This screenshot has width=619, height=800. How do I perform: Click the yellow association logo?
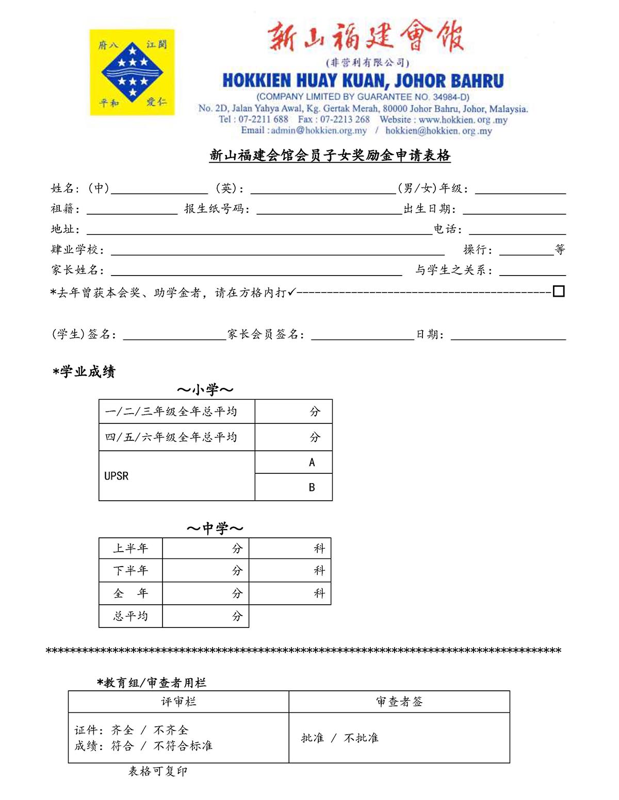point(132,72)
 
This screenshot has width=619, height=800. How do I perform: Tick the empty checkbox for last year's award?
point(558,292)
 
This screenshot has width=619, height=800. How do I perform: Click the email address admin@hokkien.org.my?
point(319,130)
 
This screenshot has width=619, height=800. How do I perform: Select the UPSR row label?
point(117,476)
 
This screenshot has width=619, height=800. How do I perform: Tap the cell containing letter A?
point(312,463)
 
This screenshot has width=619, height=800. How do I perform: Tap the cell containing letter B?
point(312,487)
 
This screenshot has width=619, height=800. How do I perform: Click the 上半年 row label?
point(131,549)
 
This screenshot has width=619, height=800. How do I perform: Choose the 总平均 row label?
point(131,616)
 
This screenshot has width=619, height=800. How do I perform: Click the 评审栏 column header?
point(178,702)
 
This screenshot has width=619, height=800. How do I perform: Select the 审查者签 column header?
point(399,702)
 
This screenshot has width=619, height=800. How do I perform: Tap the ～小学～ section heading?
point(205,390)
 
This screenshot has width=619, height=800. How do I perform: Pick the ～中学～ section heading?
point(215,529)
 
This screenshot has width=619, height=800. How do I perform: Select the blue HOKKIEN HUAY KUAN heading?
point(363,81)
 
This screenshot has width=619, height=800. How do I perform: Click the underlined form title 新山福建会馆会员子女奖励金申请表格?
point(330,156)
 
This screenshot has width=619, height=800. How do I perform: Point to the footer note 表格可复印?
point(158,771)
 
